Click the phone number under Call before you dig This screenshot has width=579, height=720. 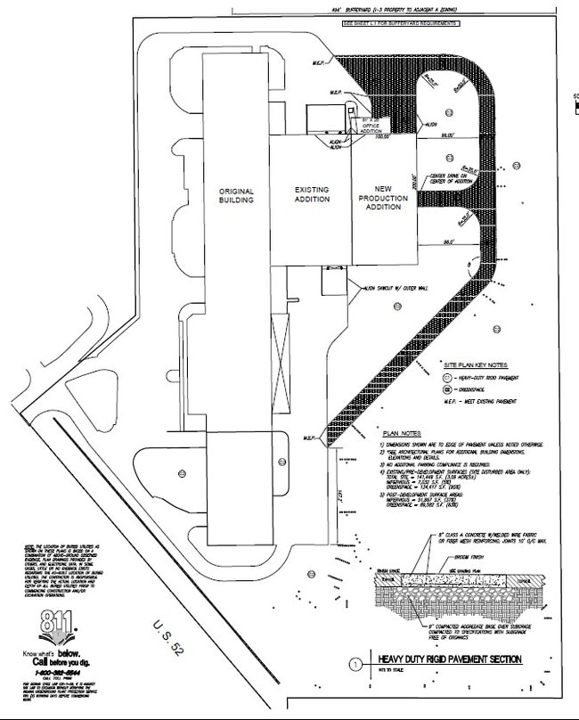55,674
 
